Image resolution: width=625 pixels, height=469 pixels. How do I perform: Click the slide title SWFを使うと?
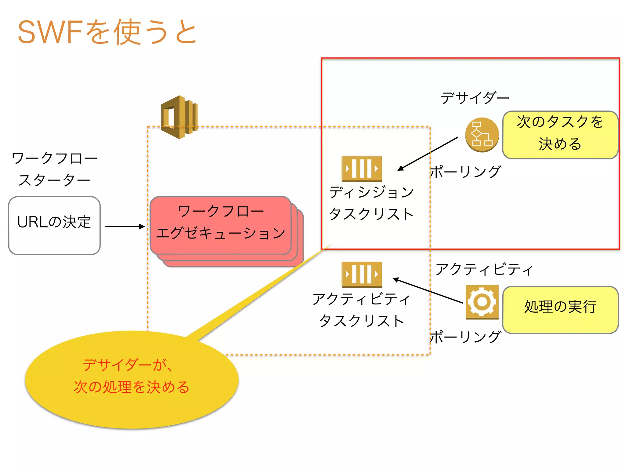pos(107,32)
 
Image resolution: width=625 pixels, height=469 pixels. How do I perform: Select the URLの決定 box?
pos(54,225)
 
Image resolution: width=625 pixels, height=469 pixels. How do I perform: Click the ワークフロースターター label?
pos(54,169)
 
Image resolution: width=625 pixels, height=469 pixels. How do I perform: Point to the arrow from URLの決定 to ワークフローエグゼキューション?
pos(125,227)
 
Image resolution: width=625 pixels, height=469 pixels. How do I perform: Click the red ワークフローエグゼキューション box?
pos(220,225)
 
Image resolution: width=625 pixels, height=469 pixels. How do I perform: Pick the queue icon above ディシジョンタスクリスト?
pos(362,169)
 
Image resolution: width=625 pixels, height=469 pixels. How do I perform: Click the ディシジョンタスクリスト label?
pos(371,203)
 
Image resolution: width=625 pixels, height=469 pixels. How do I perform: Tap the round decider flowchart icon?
pos(482,135)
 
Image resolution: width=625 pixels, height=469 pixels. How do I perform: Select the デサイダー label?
pos(475,98)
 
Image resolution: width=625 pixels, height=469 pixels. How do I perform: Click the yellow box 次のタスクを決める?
pos(560,135)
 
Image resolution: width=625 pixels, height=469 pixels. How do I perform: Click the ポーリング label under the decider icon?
pos(465,172)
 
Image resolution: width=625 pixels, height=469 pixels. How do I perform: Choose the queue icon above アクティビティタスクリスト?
pos(362,274)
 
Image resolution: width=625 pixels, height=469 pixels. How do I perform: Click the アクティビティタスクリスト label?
pos(362,310)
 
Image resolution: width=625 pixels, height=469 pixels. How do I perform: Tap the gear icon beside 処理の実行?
pos(482,302)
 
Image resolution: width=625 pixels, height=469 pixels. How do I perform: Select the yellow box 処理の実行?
pos(560,310)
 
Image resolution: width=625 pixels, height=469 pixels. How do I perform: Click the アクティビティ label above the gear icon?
pos(484,269)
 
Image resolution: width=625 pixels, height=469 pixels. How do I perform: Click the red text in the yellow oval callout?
pos(131,376)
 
